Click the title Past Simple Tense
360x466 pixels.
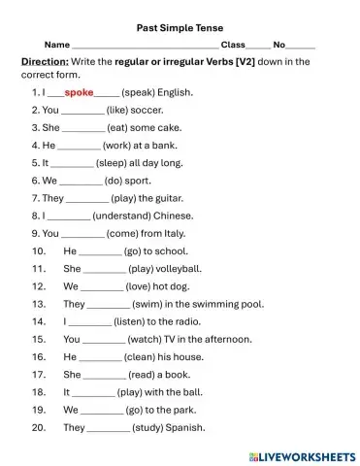181,28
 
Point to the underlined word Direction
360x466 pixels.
44,62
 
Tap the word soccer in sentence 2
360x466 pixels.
149,111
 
